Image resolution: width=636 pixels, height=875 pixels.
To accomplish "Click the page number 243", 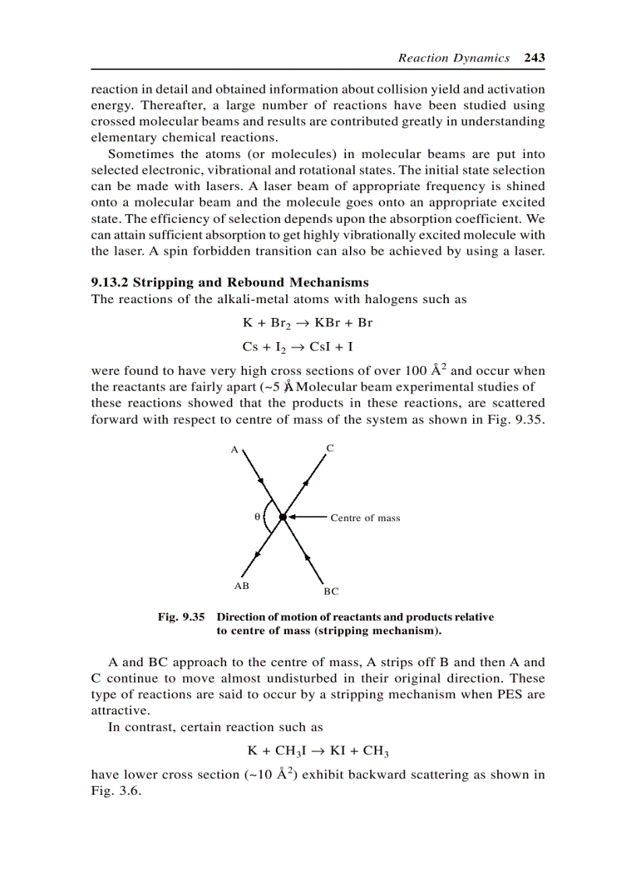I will [x=534, y=58].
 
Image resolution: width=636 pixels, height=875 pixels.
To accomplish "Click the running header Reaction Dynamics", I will [x=454, y=58].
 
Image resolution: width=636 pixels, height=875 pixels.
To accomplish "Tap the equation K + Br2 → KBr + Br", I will [x=308, y=323].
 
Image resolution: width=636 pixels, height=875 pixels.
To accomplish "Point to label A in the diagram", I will [x=233, y=450].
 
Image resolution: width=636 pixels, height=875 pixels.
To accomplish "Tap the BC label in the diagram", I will [x=331, y=591].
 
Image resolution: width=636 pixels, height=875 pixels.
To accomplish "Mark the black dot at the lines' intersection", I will [x=282, y=516].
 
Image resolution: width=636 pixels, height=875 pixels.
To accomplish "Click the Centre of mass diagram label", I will [x=365, y=518].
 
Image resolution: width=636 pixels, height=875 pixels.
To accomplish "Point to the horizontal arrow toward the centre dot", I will [x=306, y=516].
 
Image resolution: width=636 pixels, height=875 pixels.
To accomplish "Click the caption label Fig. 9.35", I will [x=181, y=616].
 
